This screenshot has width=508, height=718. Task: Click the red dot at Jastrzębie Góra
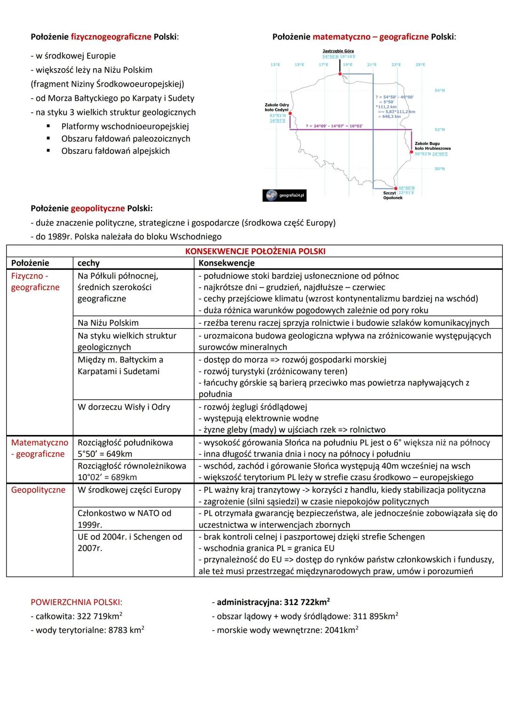(x=339, y=73)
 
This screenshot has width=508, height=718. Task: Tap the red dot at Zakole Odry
(x=290, y=113)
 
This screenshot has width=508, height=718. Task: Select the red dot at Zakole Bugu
(x=411, y=152)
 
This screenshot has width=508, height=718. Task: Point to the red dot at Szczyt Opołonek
(x=396, y=188)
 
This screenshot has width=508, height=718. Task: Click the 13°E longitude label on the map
(x=275, y=64)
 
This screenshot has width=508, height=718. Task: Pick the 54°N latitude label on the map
(x=440, y=90)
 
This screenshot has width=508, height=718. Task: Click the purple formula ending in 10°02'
(x=334, y=126)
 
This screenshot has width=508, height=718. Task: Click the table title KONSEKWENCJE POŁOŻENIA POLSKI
(x=255, y=251)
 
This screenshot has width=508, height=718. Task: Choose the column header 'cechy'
(x=88, y=263)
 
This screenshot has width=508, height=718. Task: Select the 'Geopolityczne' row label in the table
(x=38, y=489)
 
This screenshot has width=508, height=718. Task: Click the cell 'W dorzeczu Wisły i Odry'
(x=124, y=407)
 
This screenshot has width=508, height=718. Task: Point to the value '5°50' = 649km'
(x=105, y=454)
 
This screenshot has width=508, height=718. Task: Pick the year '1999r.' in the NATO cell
(x=90, y=524)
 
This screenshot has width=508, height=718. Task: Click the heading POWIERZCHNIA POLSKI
(x=76, y=602)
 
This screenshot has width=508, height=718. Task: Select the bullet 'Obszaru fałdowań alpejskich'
(x=115, y=151)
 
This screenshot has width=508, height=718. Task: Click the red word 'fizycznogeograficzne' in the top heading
(x=111, y=37)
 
